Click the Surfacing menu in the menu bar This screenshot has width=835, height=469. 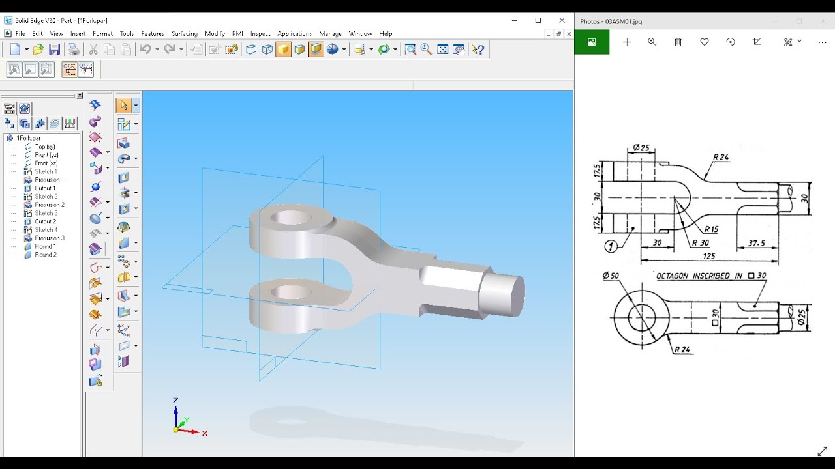[x=185, y=33]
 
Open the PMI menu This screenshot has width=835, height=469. [x=237, y=33]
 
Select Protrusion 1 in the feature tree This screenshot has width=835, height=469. [x=49, y=180]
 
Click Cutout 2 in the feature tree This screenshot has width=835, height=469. [x=45, y=221]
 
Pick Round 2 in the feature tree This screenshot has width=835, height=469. [x=45, y=255]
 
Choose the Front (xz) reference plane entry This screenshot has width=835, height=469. [x=46, y=163]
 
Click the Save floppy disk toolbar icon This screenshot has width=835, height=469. [x=55, y=50]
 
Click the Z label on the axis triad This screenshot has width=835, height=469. [x=175, y=401]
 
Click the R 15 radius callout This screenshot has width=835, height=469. [x=710, y=229]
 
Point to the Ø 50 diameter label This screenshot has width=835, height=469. [x=611, y=276]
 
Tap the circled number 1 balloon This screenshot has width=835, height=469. [x=611, y=246]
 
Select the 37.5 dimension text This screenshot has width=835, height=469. [x=756, y=243]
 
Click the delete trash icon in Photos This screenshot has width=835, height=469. [x=678, y=42]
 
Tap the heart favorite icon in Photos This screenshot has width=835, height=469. [x=704, y=42]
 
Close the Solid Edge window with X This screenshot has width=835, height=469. [x=562, y=20]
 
